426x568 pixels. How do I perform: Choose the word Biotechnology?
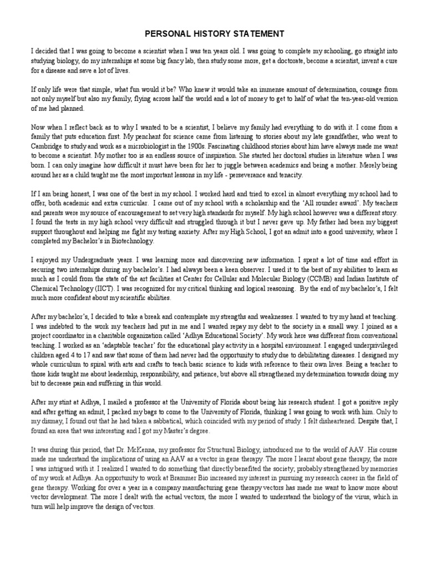(133, 241)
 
